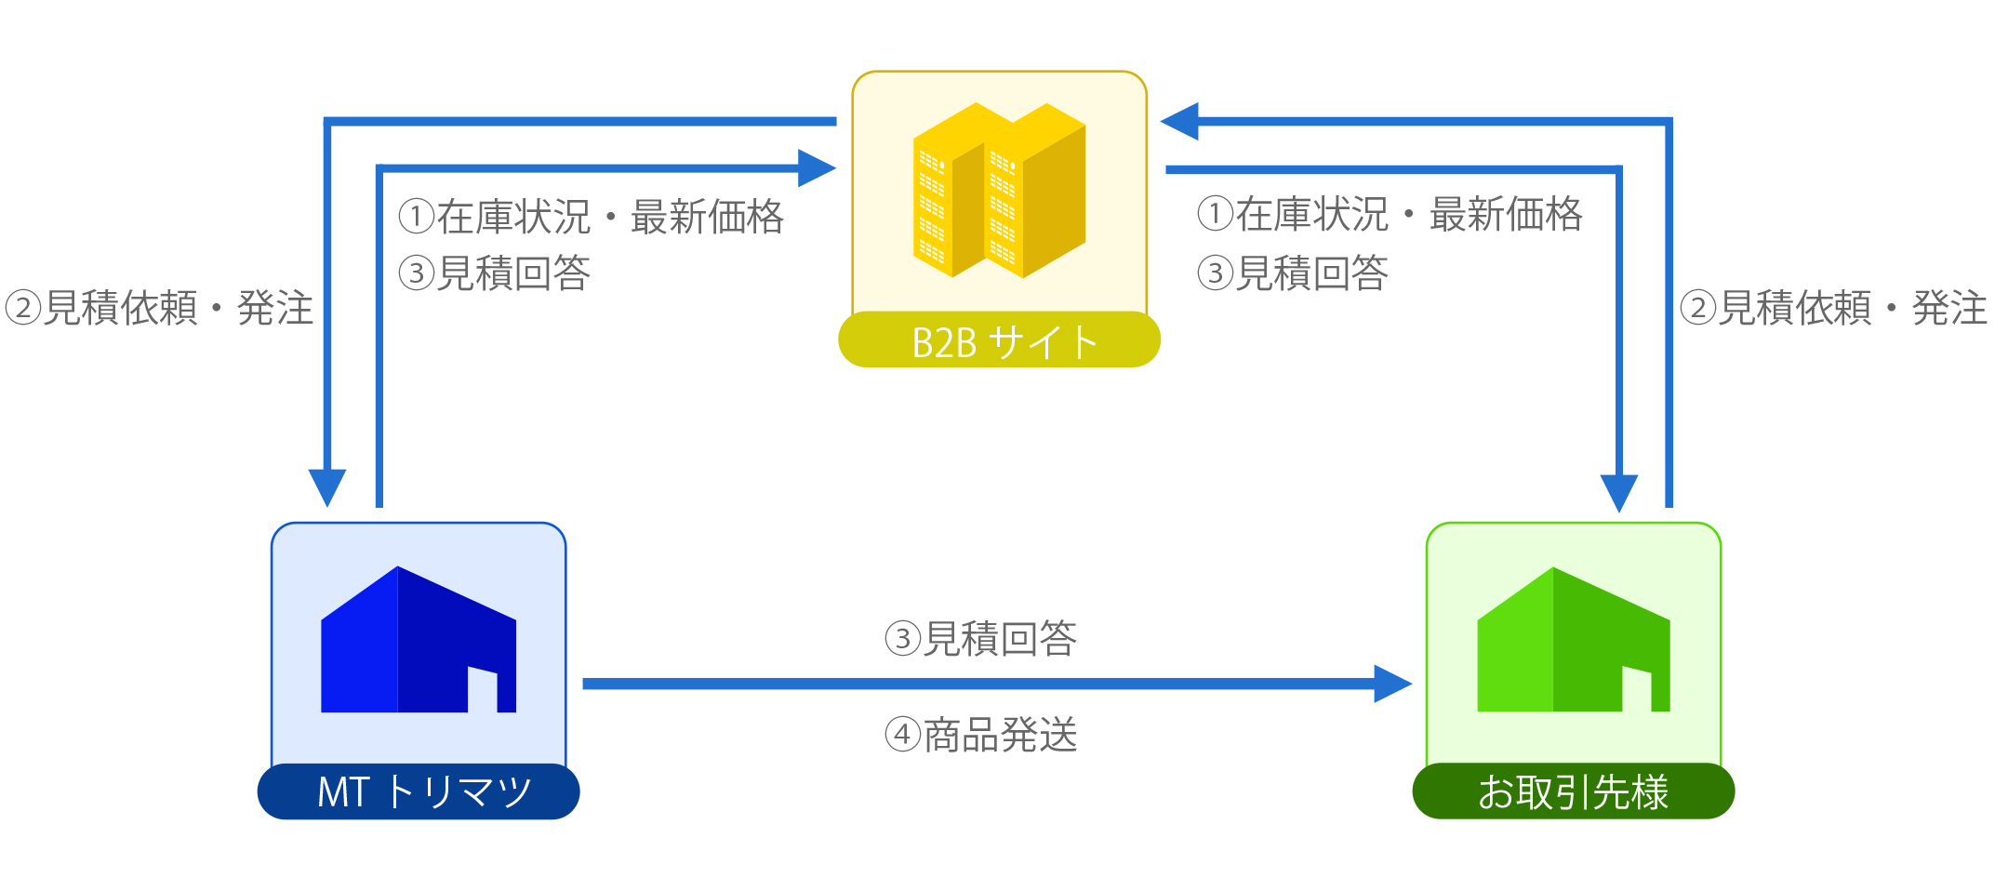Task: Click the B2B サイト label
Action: (1004, 342)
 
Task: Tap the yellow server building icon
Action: (999, 190)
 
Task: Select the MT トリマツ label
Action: (423, 792)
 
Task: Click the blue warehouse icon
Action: (419, 639)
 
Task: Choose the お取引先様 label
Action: (1573, 792)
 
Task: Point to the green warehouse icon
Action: (1574, 639)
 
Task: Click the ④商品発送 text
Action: (981, 735)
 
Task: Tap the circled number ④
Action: (902, 735)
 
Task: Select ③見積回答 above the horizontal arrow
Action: (981, 639)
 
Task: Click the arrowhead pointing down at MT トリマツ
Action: (327, 487)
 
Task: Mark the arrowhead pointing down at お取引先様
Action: (1619, 493)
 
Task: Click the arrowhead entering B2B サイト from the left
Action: (818, 168)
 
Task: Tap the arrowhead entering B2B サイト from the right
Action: (1179, 121)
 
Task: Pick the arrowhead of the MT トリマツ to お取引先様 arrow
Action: (1393, 684)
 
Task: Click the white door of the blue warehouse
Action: (482, 689)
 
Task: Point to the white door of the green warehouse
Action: (1637, 689)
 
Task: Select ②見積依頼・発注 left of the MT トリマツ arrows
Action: (159, 308)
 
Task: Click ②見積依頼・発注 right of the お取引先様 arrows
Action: (1834, 308)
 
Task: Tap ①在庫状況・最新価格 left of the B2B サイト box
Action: (592, 217)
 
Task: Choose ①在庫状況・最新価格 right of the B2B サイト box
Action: (1390, 214)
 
